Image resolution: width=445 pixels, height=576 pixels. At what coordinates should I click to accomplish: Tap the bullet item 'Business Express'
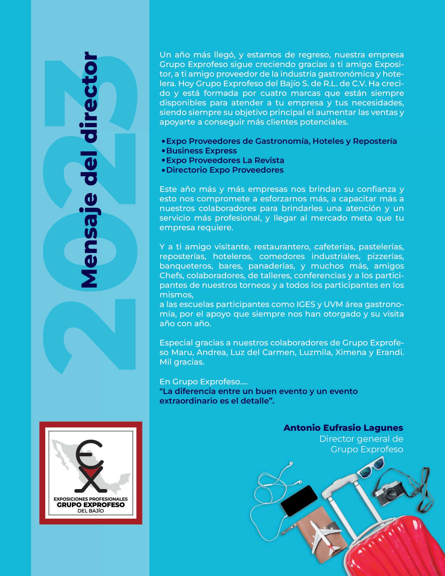[x=201, y=151]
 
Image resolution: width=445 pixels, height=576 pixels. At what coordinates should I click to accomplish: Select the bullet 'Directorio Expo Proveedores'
[x=225, y=170]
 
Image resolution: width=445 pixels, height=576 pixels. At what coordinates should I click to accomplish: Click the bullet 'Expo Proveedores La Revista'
[x=225, y=161]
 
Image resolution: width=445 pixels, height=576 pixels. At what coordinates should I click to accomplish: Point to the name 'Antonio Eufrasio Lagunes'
[x=343, y=428]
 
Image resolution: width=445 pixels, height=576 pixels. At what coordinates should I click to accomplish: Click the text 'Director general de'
[x=361, y=439]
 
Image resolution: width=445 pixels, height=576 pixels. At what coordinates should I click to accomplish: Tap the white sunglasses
[x=370, y=466]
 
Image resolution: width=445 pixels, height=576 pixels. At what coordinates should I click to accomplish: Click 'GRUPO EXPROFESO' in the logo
[x=90, y=505]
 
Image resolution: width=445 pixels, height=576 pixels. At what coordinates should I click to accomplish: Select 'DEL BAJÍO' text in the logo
[x=90, y=511]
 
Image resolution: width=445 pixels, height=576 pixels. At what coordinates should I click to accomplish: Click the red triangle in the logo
[x=91, y=474]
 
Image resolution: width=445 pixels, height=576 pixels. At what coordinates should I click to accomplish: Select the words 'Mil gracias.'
[x=182, y=362]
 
